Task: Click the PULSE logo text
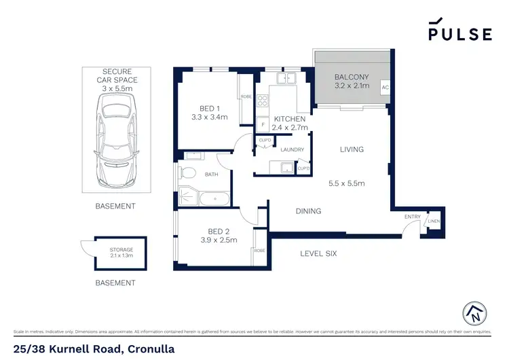click(459, 33)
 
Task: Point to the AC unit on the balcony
click(385, 88)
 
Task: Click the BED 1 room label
click(209, 109)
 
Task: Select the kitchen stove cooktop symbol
click(263, 101)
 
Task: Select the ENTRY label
click(412, 217)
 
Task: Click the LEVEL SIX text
click(318, 254)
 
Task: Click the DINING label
click(308, 211)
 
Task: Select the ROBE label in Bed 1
click(246, 97)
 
